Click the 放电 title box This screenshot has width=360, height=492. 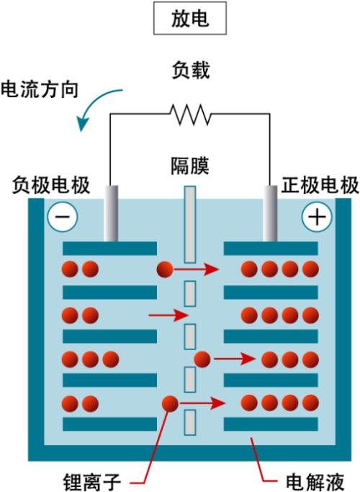[x=190, y=18]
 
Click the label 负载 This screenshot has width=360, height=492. [x=190, y=70]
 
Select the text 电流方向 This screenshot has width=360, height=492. [x=40, y=89]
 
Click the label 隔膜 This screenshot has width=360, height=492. [x=190, y=166]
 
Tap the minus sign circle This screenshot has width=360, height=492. [x=63, y=217]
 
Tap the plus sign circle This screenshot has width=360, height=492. [x=317, y=217]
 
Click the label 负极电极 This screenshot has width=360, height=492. [x=51, y=185]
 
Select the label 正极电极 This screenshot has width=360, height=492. [x=320, y=185]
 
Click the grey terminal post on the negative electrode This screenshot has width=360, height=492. [x=111, y=213]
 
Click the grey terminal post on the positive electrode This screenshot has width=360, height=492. [x=270, y=213]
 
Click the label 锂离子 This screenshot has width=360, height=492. [x=92, y=482]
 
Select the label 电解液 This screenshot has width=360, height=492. [x=315, y=481]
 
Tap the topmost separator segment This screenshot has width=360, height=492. [x=190, y=224]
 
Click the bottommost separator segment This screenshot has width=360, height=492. [x=190, y=423]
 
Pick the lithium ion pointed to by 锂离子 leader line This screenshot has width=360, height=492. [x=170, y=403]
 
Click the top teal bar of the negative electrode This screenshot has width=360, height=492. [x=109, y=249]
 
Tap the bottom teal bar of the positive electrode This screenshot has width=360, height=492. [x=271, y=424]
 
